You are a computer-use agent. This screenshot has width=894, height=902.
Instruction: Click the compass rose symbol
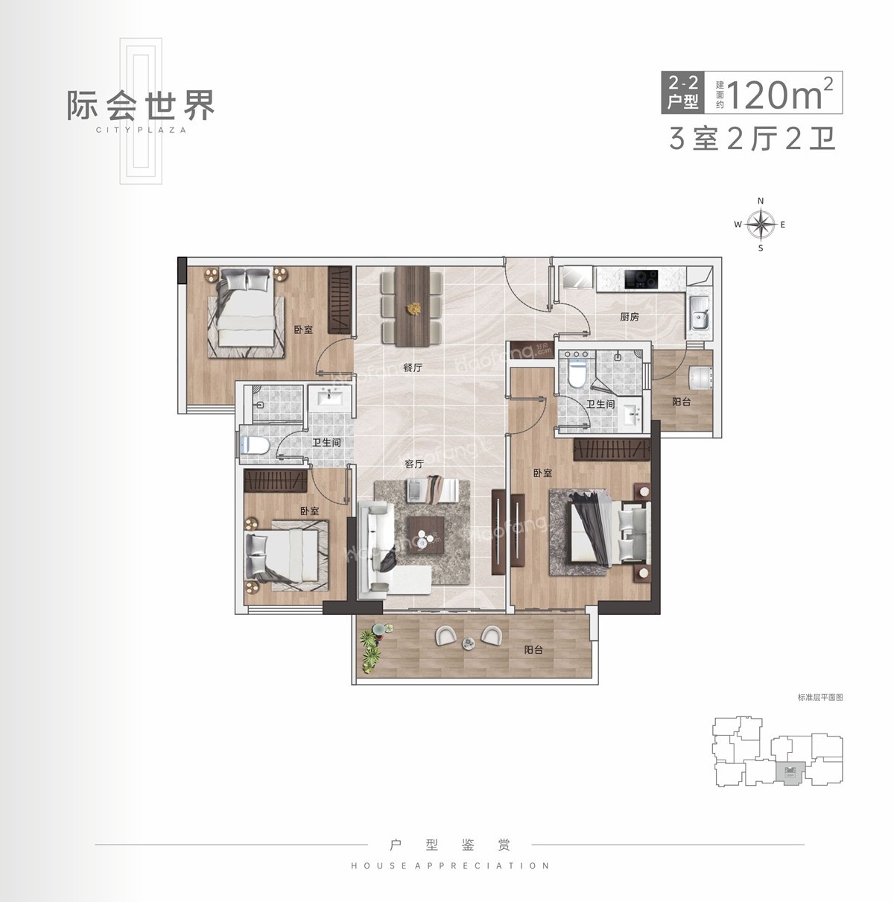coord(761,224)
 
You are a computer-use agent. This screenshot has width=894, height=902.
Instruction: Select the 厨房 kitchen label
coord(630,317)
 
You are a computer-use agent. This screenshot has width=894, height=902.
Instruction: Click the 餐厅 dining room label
coord(413,368)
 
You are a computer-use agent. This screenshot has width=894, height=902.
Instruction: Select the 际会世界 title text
coord(141,105)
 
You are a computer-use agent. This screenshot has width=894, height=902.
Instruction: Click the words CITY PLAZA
coord(141,129)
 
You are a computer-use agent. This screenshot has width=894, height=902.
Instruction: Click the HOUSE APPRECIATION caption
coord(450,866)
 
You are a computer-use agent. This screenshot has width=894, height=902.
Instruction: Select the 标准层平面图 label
coord(819,698)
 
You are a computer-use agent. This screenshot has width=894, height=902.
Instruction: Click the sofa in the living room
coord(379,549)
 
